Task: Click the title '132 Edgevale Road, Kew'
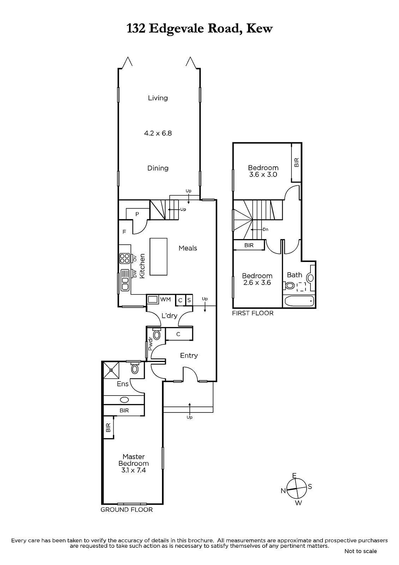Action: pos(199,29)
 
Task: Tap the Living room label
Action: pos(158,98)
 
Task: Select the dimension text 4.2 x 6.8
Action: pos(158,133)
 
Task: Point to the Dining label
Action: pos(158,168)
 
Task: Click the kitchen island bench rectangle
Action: pos(158,256)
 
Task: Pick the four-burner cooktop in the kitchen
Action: pos(125,258)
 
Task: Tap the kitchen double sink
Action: pos(125,280)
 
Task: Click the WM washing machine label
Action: pos(165,299)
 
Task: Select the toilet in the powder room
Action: pos(157,334)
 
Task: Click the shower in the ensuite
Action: pos(111,370)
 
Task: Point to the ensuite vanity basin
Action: pos(124,400)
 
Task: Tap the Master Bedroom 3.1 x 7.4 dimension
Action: pos(134,470)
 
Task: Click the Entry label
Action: pos(189,356)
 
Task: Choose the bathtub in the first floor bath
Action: pos(299,301)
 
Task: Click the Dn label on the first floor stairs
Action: pos(265,230)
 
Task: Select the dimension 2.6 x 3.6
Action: pos(257,282)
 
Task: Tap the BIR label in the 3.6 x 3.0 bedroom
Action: pos(296,162)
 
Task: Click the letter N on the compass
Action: pos(283,490)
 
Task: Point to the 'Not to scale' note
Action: pos(361,551)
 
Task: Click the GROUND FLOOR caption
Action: pos(127,510)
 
